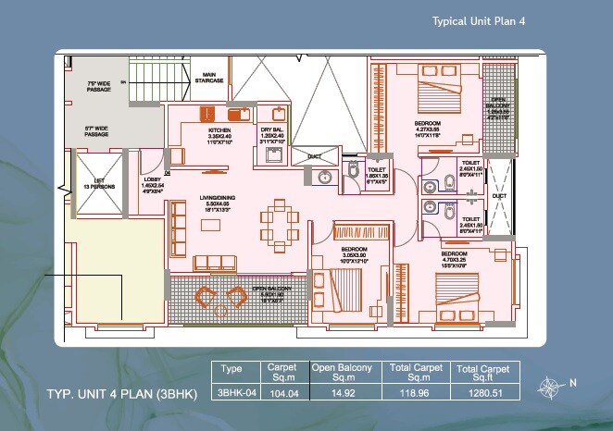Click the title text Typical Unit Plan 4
click(483, 20)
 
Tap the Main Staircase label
click(209, 79)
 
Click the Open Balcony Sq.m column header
click(341, 372)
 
